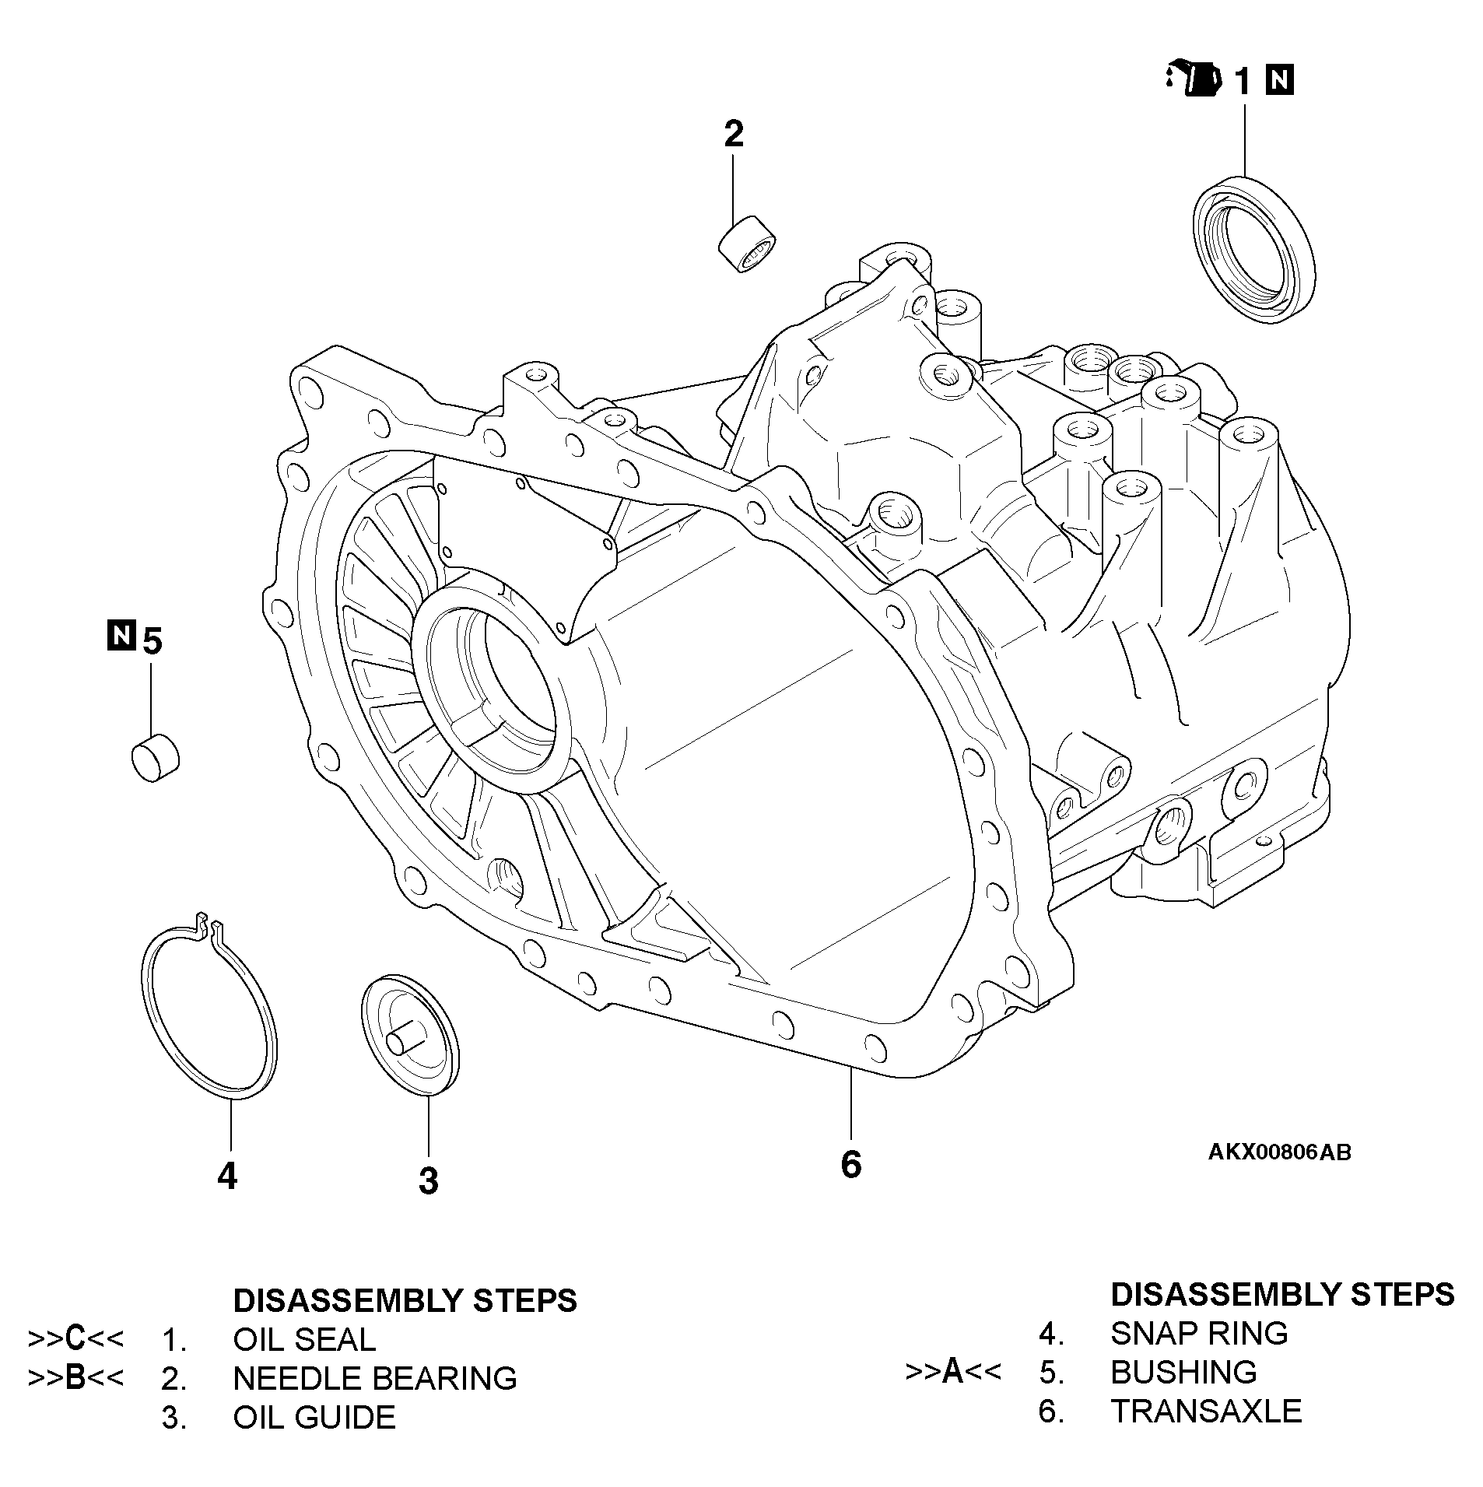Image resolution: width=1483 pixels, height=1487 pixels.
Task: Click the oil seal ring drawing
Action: (x=1253, y=251)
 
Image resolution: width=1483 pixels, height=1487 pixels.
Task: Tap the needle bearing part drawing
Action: (x=747, y=244)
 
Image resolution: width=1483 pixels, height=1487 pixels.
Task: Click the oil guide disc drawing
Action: (x=410, y=1035)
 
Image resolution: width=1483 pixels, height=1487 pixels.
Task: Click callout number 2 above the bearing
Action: (x=733, y=135)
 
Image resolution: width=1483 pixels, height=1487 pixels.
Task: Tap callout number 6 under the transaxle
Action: (x=850, y=1164)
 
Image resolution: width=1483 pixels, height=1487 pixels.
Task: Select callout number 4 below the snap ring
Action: (x=226, y=1176)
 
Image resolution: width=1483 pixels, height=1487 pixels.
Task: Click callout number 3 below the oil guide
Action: (x=428, y=1180)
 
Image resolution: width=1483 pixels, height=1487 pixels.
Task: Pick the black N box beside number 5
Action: (x=121, y=636)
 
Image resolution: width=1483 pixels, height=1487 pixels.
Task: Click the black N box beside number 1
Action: (x=1280, y=80)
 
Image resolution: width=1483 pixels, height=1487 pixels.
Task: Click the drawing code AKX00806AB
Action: (x=1279, y=1152)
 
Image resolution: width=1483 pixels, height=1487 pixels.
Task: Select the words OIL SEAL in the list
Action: (x=304, y=1339)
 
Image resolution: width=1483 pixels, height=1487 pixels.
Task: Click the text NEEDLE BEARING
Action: (x=375, y=1378)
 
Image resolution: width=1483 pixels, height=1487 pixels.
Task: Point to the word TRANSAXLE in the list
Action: (x=1205, y=1411)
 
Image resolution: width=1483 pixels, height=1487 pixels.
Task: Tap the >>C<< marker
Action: (x=75, y=1338)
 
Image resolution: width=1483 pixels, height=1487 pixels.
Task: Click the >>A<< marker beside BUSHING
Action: (x=953, y=1371)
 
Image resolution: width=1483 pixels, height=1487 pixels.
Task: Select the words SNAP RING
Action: (x=1198, y=1333)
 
